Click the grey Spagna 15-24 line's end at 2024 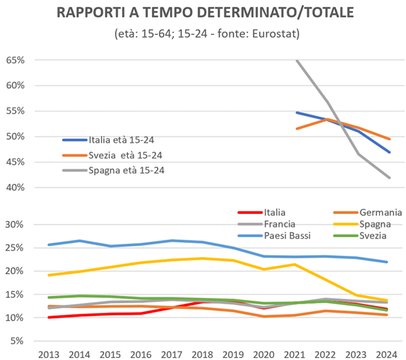tap(387, 177)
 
